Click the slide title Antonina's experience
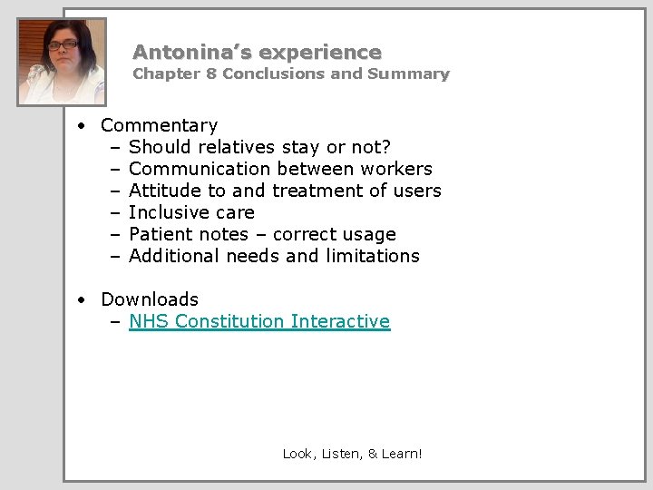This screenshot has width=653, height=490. (257, 53)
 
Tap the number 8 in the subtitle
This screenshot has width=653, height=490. (211, 74)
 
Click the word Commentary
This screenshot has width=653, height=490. (159, 125)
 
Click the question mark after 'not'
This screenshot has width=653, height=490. (387, 147)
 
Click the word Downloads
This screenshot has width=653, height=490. (150, 299)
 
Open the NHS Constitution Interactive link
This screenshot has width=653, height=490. (259, 321)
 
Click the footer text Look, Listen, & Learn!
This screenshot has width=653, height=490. (352, 454)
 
